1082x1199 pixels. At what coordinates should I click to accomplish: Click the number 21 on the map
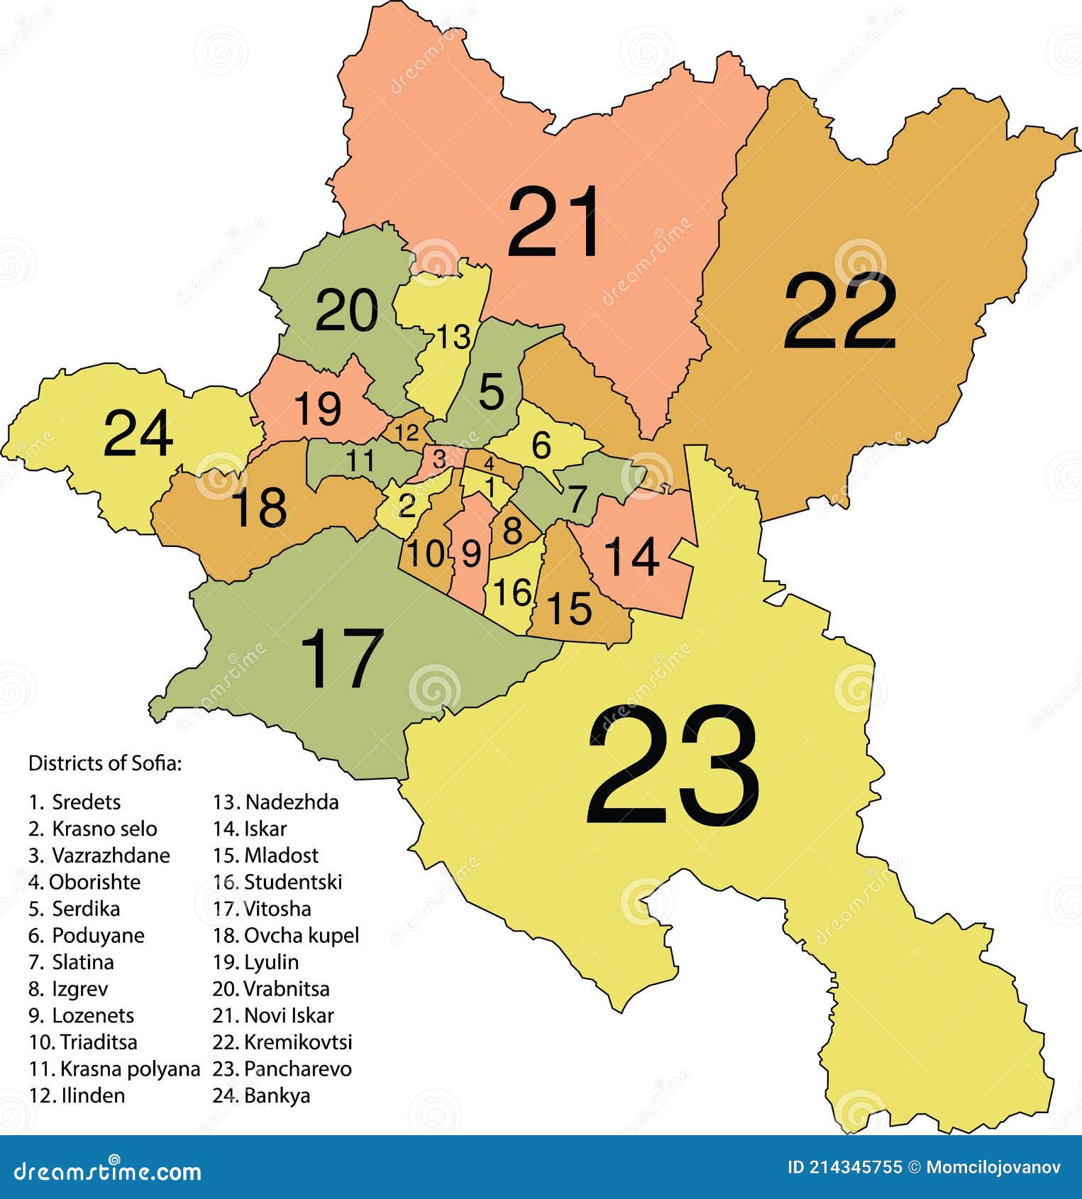pyautogui.click(x=554, y=222)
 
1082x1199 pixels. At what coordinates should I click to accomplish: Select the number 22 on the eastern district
pyautogui.click(x=839, y=312)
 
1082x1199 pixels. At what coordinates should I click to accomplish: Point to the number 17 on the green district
pyautogui.click(x=342, y=658)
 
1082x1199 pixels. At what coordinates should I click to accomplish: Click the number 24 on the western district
pyautogui.click(x=138, y=433)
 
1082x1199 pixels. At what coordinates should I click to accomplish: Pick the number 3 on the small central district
pyautogui.click(x=439, y=459)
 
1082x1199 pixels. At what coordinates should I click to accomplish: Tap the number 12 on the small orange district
pyautogui.click(x=407, y=432)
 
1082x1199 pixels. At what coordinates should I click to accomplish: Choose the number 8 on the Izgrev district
pyautogui.click(x=512, y=530)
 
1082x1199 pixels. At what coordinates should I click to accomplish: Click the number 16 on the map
pyautogui.click(x=512, y=592)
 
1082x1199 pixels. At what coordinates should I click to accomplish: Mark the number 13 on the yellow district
pyautogui.click(x=453, y=337)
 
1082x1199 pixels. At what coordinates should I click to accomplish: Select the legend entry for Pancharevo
pyautogui.click(x=282, y=1068)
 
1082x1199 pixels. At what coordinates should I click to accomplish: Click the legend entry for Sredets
pyautogui.click(x=74, y=802)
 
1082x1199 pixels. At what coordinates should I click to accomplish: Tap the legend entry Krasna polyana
pyautogui.click(x=114, y=1068)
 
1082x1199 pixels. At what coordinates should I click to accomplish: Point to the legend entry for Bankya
pyautogui.click(x=261, y=1095)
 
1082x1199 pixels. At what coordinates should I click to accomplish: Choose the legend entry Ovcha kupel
pyautogui.click(x=286, y=935)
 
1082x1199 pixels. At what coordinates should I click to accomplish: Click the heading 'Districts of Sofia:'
pyautogui.click(x=105, y=763)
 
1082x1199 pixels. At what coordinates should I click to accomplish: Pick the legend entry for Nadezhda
pyautogui.click(x=276, y=802)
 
